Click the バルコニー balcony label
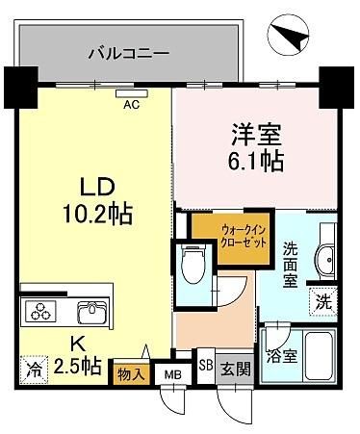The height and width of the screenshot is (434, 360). point(128,53)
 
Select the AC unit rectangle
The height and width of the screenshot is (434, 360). point(132,93)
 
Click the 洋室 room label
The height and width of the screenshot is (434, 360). point(256,134)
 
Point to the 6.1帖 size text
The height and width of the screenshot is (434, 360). point(256,161)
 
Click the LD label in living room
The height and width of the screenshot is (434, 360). point(97,188)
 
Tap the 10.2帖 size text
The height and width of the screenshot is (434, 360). point(97,214)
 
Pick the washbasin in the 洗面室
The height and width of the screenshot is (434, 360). point(326,260)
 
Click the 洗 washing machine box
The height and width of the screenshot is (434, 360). point(323,302)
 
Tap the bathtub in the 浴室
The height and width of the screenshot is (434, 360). point(319,356)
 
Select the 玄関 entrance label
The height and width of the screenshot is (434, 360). point(236,369)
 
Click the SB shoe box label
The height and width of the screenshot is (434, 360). point(206,365)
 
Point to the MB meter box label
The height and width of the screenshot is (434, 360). point(173,374)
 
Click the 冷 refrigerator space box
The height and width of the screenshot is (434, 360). point(33,370)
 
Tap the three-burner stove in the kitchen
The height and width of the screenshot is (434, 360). point(39,312)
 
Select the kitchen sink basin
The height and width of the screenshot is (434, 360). point(91,313)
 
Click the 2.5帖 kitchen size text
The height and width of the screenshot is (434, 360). point(78,367)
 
